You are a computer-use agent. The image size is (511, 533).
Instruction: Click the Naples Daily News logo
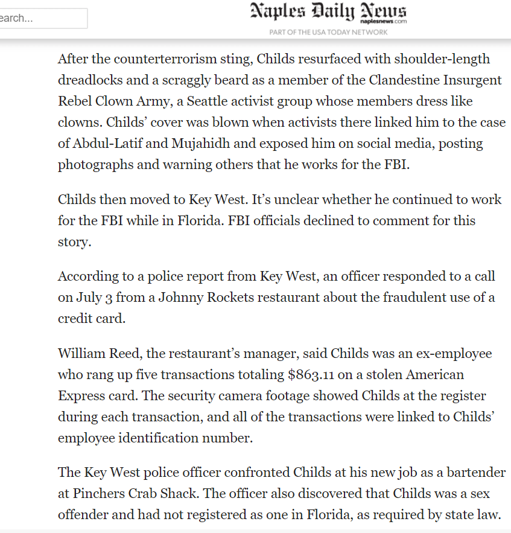(328, 12)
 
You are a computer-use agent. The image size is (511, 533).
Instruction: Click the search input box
(42, 18)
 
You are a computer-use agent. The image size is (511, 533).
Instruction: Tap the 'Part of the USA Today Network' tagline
(328, 32)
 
